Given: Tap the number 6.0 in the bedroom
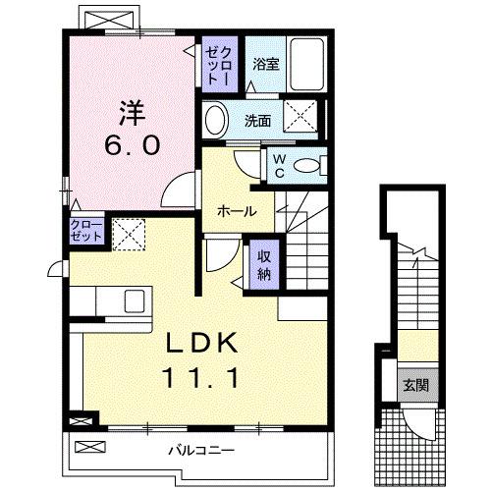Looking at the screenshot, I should tap(133, 144).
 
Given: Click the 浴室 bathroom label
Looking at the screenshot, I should tap(265, 64).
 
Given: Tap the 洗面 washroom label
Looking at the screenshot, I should tap(258, 122).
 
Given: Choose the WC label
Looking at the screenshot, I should tap(279, 164).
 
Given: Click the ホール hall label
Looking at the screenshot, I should tap(238, 211).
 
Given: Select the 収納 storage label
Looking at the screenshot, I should tap(263, 262).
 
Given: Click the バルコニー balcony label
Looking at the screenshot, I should tap(192, 451).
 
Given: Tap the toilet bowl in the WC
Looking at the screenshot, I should tap(310, 165).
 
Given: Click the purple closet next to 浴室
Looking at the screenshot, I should tap(216, 64).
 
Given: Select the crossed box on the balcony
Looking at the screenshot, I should tap(88, 448).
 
